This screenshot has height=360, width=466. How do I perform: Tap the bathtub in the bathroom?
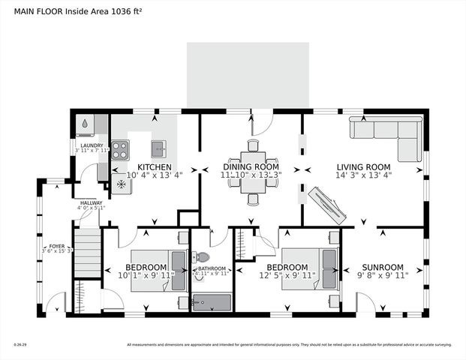(x=212, y=303)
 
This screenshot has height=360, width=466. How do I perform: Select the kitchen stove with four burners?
(x=120, y=148)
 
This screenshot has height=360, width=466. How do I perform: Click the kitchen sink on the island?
(x=158, y=146)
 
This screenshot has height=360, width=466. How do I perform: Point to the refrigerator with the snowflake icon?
(x=120, y=184)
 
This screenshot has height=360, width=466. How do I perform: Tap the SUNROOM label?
(x=383, y=267)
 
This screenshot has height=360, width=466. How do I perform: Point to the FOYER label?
(x=57, y=245)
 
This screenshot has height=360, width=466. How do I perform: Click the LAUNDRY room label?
(x=92, y=145)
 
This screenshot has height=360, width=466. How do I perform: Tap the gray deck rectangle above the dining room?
(x=248, y=75)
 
